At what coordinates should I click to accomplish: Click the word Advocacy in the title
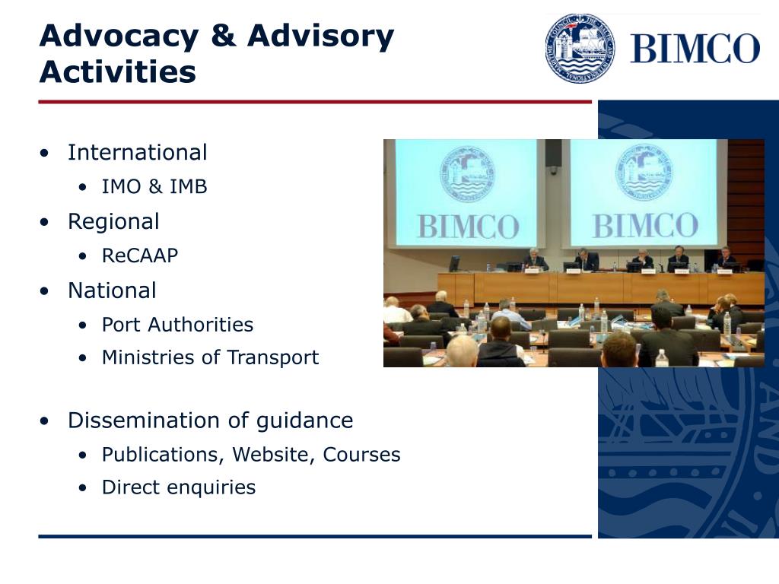[119, 37]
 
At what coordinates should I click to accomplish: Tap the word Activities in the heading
[118, 71]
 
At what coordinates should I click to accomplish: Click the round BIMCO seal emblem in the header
[580, 48]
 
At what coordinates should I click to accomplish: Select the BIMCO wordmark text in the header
[695, 48]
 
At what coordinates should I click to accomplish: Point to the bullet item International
[137, 152]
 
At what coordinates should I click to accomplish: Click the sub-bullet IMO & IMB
[154, 187]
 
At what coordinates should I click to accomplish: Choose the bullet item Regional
[113, 222]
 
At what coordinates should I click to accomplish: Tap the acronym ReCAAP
[140, 255]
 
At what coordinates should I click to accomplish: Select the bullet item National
[112, 290]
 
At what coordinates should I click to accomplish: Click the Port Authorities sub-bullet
[177, 325]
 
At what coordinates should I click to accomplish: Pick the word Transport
[273, 357]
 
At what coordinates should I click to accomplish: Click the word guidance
[304, 421]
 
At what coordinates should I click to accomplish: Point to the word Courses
[361, 455]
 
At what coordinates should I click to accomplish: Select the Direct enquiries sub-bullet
[179, 487]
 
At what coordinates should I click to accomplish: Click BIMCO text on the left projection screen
[468, 227]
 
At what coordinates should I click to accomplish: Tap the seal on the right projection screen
[644, 173]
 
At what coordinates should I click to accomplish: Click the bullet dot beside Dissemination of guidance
[45, 421]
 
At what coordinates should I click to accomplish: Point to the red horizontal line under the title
[315, 102]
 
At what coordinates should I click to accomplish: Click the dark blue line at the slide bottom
[315, 536]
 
